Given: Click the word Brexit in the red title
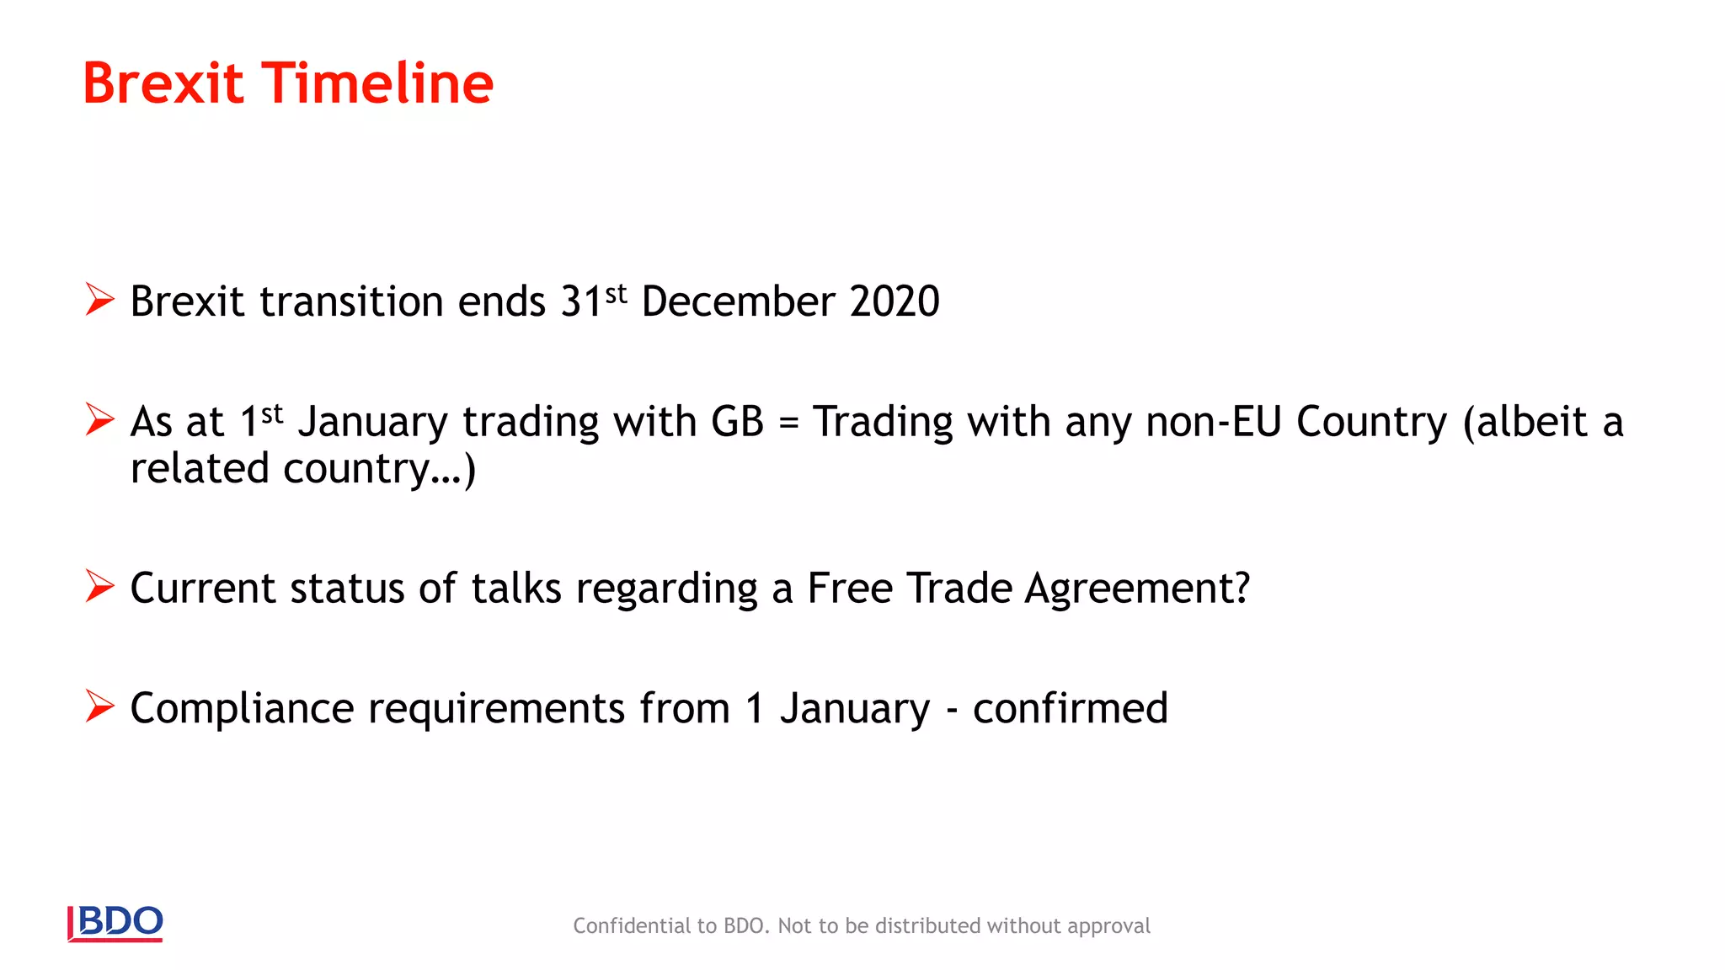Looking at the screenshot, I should click(x=163, y=83).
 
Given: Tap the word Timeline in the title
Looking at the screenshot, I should click(x=378, y=83).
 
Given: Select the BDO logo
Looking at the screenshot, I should click(x=115, y=923).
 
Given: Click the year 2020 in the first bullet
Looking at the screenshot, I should click(x=895, y=301).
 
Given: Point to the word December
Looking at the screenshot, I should click(x=738, y=301).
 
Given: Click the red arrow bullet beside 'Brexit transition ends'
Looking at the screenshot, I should click(x=99, y=299).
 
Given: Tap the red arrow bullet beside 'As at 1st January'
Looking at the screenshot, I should click(x=99, y=419).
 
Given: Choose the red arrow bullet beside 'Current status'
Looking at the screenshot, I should click(x=99, y=586).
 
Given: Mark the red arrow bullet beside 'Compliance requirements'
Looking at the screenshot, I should click(x=99, y=706).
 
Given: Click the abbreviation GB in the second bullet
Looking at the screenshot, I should click(x=737, y=422).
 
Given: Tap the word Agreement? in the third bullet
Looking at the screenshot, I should click(x=1137, y=589).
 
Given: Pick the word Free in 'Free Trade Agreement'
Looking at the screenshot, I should click(x=850, y=589).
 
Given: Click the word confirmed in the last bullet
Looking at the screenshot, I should click(x=1071, y=708).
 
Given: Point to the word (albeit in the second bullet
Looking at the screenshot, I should click(x=1525, y=422).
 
